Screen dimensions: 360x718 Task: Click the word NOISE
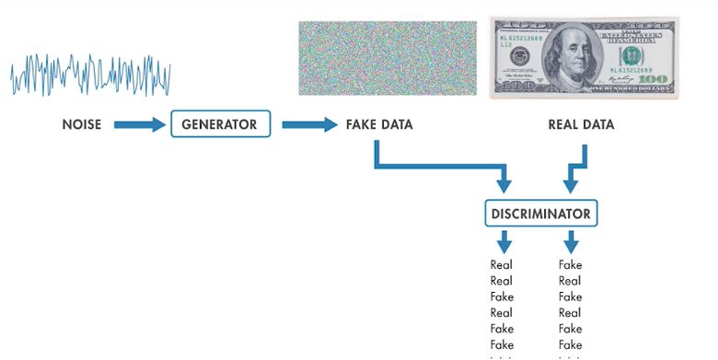[82, 124]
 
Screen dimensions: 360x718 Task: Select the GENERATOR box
[221, 124]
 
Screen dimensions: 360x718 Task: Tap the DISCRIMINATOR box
[541, 214]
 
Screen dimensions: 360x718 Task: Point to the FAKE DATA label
[379, 124]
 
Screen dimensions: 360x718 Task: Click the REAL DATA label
[581, 124]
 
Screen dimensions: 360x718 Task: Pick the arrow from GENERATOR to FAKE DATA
[309, 124]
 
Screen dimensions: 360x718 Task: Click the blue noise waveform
[90, 74]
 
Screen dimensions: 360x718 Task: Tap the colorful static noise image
[386, 57]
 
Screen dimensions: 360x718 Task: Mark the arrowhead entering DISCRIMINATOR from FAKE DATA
[503, 184]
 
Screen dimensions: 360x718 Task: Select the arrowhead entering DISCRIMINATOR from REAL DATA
[571, 184]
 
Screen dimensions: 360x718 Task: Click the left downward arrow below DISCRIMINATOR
[504, 242]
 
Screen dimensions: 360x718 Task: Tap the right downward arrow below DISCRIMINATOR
[571, 242]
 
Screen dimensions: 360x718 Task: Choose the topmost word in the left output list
[502, 265]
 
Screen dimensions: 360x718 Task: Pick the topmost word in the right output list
[570, 265]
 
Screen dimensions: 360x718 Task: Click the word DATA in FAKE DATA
[396, 124]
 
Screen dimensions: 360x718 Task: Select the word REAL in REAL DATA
[563, 124]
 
